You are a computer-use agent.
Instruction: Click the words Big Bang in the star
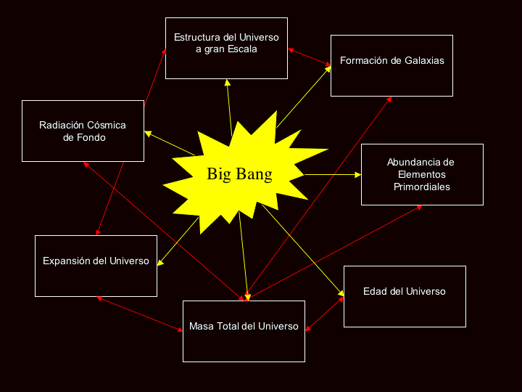(239, 174)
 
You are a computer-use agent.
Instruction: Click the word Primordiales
(422, 187)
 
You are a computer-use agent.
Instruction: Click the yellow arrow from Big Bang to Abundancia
(333, 174)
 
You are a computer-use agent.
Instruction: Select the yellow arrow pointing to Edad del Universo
(303, 250)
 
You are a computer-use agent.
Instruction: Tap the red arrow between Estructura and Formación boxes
(310, 57)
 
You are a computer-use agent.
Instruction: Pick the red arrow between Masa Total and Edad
(325, 314)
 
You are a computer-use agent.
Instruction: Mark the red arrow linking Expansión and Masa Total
(139, 314)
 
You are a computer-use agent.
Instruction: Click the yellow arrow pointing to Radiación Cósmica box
(170, 143)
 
